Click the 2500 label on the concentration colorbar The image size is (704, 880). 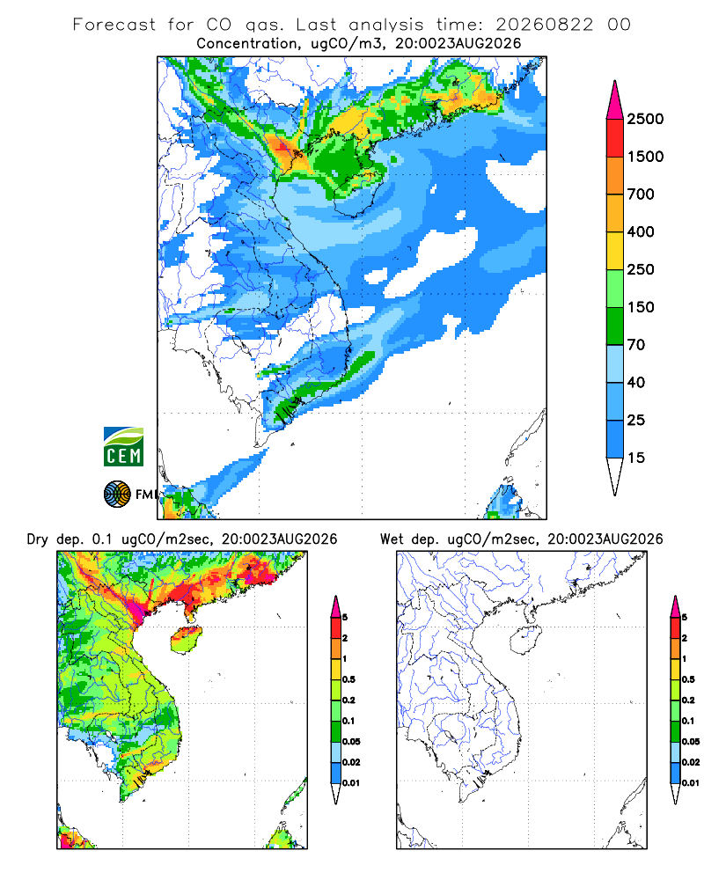(x=645, y=119)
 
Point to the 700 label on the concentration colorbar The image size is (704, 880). (x=641, y=194)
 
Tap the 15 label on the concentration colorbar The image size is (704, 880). (x=636, y=458)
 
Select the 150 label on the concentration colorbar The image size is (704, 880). (x=641, y=307)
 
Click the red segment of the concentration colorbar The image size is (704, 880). (x=615, y=138)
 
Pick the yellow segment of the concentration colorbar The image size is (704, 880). (x=615, y=251)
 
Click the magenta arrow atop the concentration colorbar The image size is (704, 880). (x=615, y=100)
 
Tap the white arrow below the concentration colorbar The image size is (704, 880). (x=615, y=476)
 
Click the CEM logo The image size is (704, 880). (x=123, y=447)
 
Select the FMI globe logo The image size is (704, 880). (x=117, y=495)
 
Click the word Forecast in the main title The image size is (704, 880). (x=114, y=25)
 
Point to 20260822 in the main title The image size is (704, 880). (x=544, y=25)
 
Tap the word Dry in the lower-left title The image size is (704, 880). (x=38, y=539)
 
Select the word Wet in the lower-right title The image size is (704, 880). (x=392, y=539)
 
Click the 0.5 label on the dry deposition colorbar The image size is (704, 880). (x=348, y=679)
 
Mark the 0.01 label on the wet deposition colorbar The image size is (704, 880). (x=691, y=783)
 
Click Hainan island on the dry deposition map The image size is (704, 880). (x=187, y=640)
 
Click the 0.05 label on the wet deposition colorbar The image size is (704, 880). (x=691, y=741)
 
